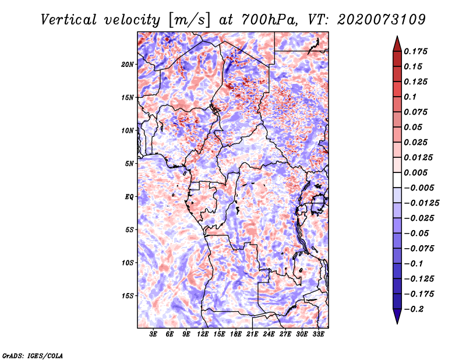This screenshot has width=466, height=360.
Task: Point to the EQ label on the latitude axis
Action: [x=129, y=197]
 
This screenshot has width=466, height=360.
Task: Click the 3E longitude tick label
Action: [x=153, y=334]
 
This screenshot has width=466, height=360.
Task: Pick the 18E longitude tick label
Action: [x=236, y=334]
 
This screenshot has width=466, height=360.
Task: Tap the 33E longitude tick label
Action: [x=319, y=334]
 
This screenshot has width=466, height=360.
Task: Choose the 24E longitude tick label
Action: [x=269, y=334]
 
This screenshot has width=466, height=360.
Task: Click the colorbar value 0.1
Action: [x=412, y=97]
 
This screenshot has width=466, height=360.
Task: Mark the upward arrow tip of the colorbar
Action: [x=397, y=37]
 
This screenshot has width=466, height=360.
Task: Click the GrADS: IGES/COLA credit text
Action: [x=33, y=355]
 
